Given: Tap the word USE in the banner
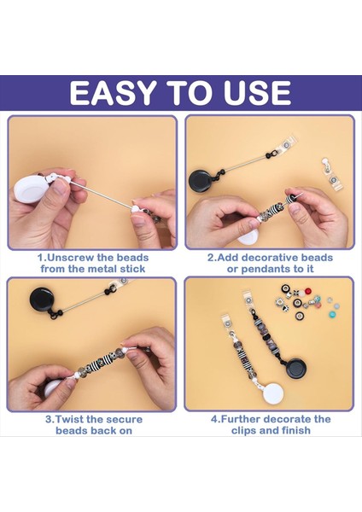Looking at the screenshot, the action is (x=257, y=93).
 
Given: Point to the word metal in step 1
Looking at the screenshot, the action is (x=102, y=269).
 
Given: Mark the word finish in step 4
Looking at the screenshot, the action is (x=294, y=430).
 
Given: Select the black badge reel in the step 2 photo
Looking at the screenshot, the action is (x=201, y=181).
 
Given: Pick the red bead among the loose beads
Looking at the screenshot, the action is (x=307, y=291).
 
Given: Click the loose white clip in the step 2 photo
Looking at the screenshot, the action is (x=332, y=175).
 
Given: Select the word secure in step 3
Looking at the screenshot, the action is (x=124, y=419).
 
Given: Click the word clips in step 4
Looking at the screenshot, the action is (x=243, y=430).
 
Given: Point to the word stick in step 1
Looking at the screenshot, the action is (x=132, y=269).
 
